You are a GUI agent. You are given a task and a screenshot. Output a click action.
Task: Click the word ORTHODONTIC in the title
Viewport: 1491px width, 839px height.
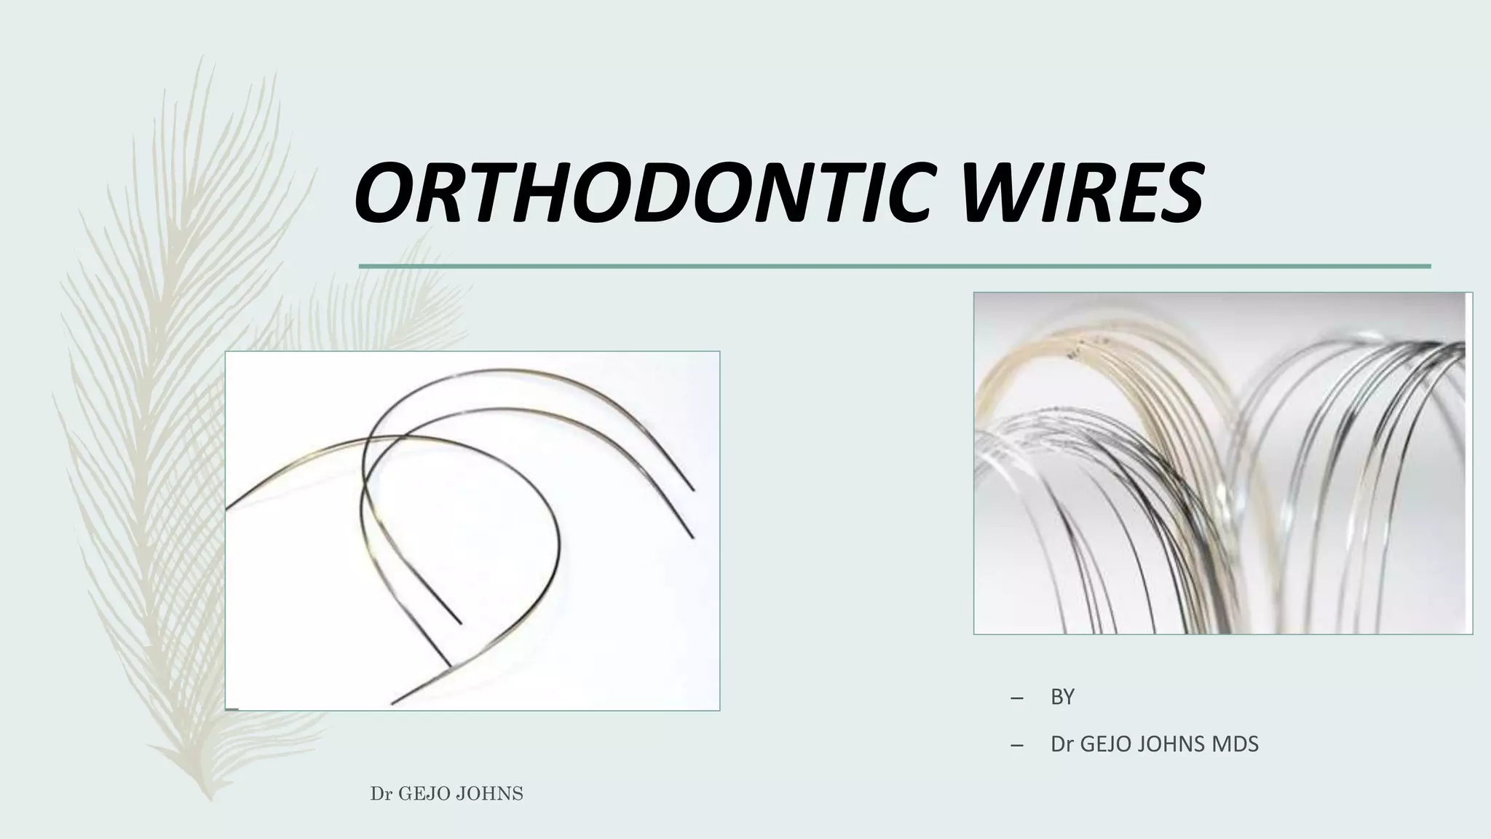coord(641,193)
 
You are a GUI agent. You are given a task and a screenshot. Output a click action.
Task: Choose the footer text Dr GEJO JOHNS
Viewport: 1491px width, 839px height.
coord(446,794)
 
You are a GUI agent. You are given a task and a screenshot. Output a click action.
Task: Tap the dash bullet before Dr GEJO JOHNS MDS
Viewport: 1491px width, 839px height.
coord(1017,745)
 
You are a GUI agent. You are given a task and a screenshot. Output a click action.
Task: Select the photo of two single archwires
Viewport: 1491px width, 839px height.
coord(472,530)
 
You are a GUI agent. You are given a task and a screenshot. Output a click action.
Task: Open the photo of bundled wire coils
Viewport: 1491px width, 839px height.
coord(1222,463)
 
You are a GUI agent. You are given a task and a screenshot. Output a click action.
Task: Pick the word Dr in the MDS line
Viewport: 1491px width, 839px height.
coord(1061,744)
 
